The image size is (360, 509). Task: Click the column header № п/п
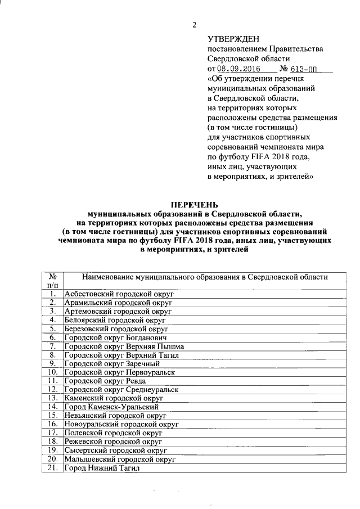click(52, 281)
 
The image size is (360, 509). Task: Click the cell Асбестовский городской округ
click(120, 294)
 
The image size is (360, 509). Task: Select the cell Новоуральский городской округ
click(121, 424)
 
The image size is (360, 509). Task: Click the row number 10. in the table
click(52, 372)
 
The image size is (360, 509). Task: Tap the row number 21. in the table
click(52, 467)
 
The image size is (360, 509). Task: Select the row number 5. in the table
click(52, 328)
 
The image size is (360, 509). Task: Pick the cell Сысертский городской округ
click(116, 450)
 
